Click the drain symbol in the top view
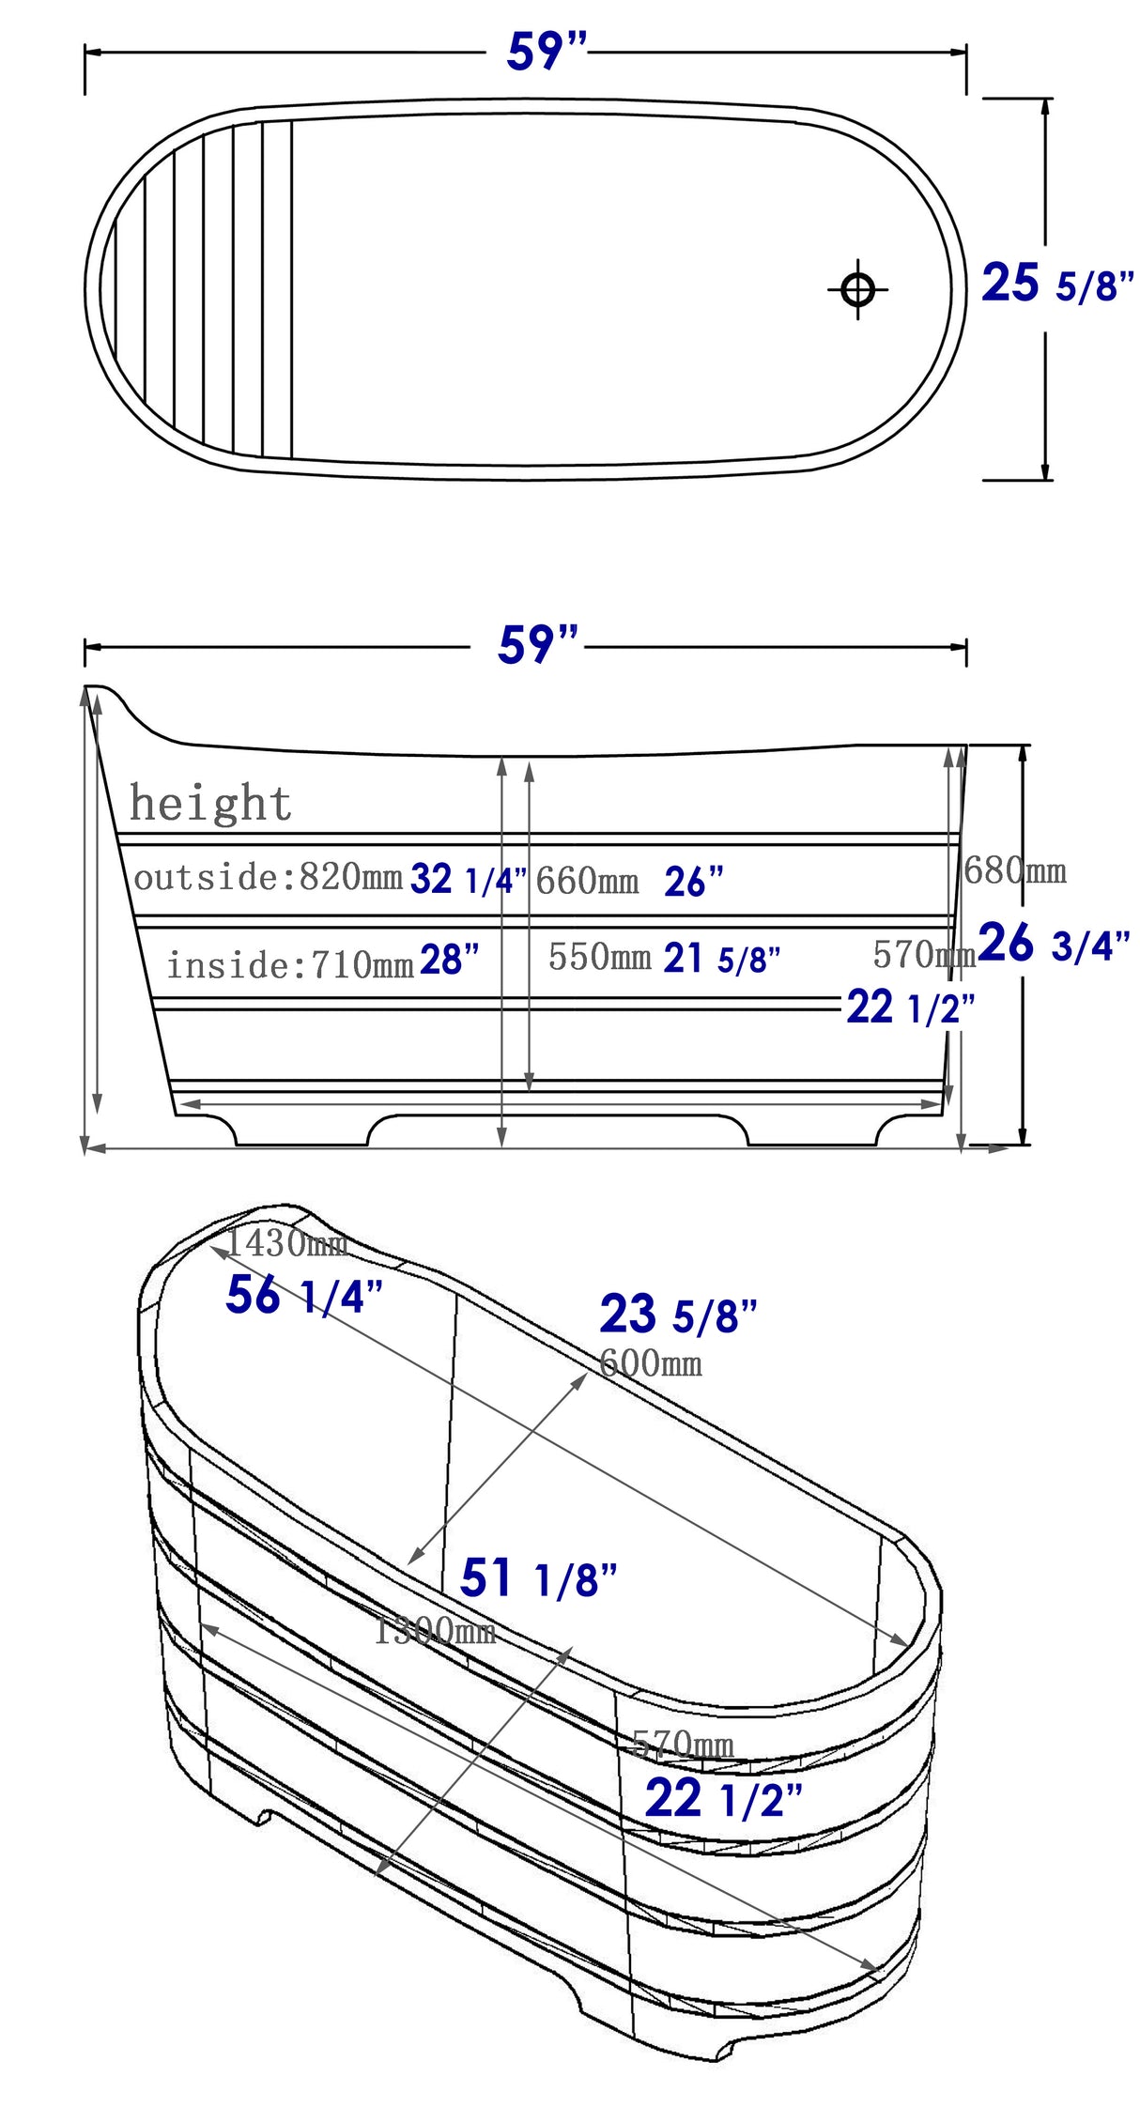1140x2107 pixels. coord(857,289)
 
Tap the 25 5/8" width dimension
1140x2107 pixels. coord(1057,284)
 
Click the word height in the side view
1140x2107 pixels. coord(210,804)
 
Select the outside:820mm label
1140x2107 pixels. coord(268,877)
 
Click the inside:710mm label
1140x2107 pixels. coord(290,964)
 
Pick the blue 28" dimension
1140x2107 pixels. coord(449,961)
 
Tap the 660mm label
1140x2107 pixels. coord(587,881)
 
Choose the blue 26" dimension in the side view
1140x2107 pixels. coord(694,882)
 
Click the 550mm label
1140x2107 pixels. coord(599,957)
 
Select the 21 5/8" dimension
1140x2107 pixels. coord(722,959)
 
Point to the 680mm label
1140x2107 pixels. coord(1015,870)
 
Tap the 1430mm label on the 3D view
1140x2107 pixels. coord(286,1243)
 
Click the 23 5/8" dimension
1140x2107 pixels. coord(678,1314)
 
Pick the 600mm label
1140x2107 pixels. coord(651,1362)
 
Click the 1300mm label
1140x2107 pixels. coord(435,1631)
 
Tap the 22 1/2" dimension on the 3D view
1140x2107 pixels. coord(723,1799)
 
